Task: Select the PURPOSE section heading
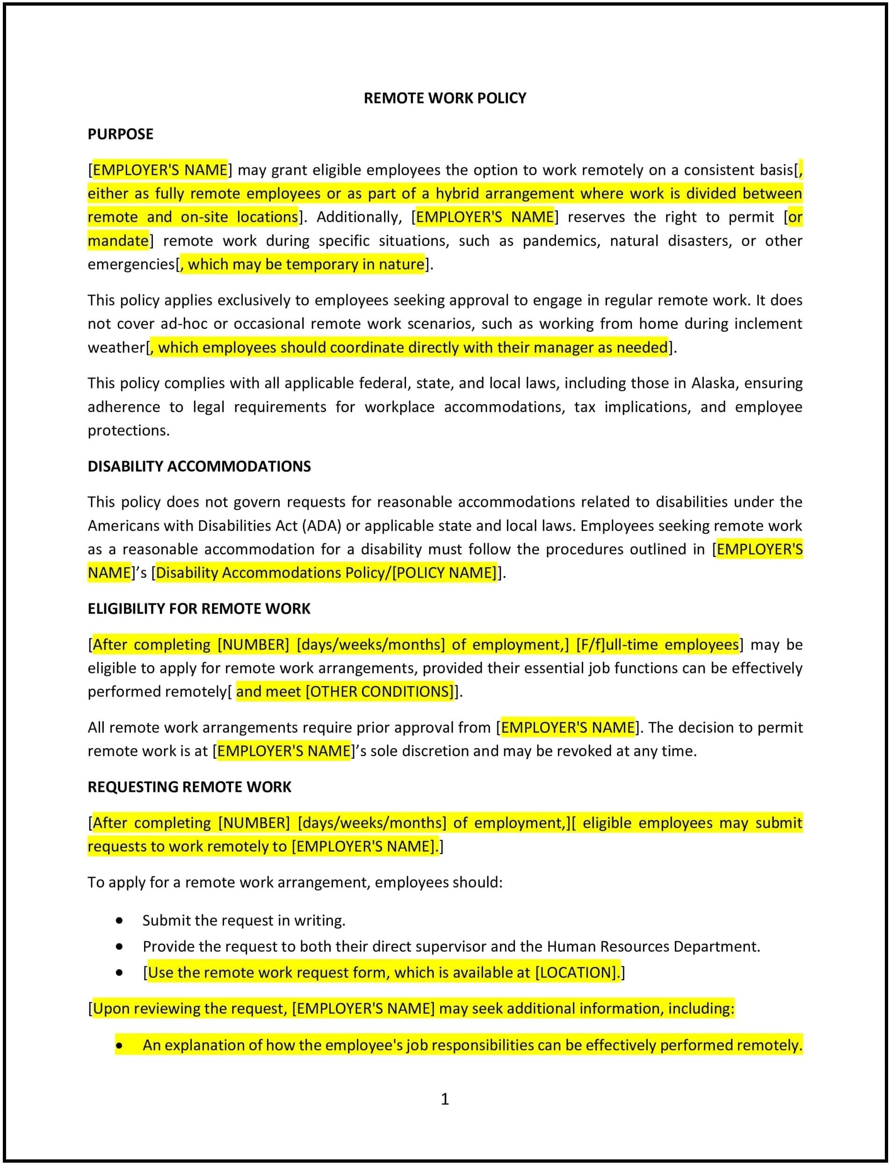120,134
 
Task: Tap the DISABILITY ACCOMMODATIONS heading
199,466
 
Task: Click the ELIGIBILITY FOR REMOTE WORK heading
199,609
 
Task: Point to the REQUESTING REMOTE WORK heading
189,787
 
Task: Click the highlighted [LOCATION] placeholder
576,973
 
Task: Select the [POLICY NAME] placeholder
444,573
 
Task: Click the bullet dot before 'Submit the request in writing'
119,921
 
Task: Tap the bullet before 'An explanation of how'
119,1046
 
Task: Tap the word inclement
767,324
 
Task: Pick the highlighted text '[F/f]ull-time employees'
657,645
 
